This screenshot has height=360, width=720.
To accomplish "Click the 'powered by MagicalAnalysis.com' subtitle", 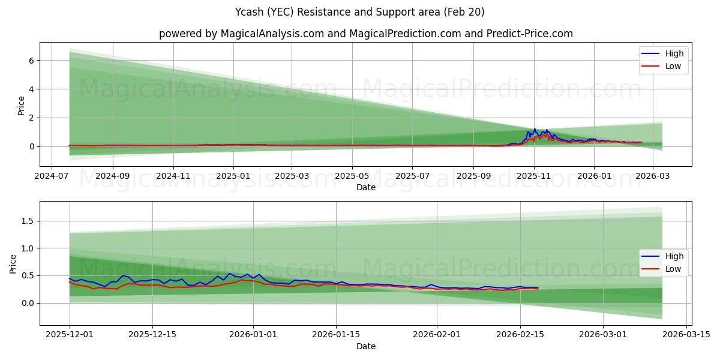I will (x=366, y=34).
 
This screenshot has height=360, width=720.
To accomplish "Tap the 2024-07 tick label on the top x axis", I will (x=52, y=176).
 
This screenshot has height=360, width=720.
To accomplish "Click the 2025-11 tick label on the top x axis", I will (x=534, y=176).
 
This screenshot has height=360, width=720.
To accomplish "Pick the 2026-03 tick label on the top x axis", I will (x=652, y=176).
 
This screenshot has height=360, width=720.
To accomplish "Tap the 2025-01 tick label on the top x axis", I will (x=233, y=176).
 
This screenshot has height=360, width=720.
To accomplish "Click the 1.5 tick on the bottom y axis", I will (x=28, y=221).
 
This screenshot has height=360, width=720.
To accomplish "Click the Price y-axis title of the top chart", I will (x=22, y=106).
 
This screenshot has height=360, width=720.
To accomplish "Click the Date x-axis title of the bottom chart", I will (x=366, y=346).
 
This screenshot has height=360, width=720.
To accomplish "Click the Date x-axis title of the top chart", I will (x=366, y=187).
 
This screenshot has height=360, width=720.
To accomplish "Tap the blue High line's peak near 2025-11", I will (x=535, y=129).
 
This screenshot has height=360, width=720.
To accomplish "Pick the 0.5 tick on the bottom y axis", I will (x=28, y=276).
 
